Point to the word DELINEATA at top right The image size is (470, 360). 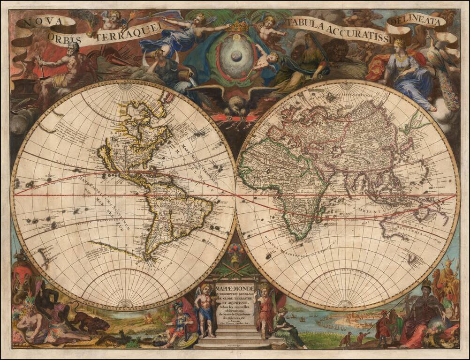414,22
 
